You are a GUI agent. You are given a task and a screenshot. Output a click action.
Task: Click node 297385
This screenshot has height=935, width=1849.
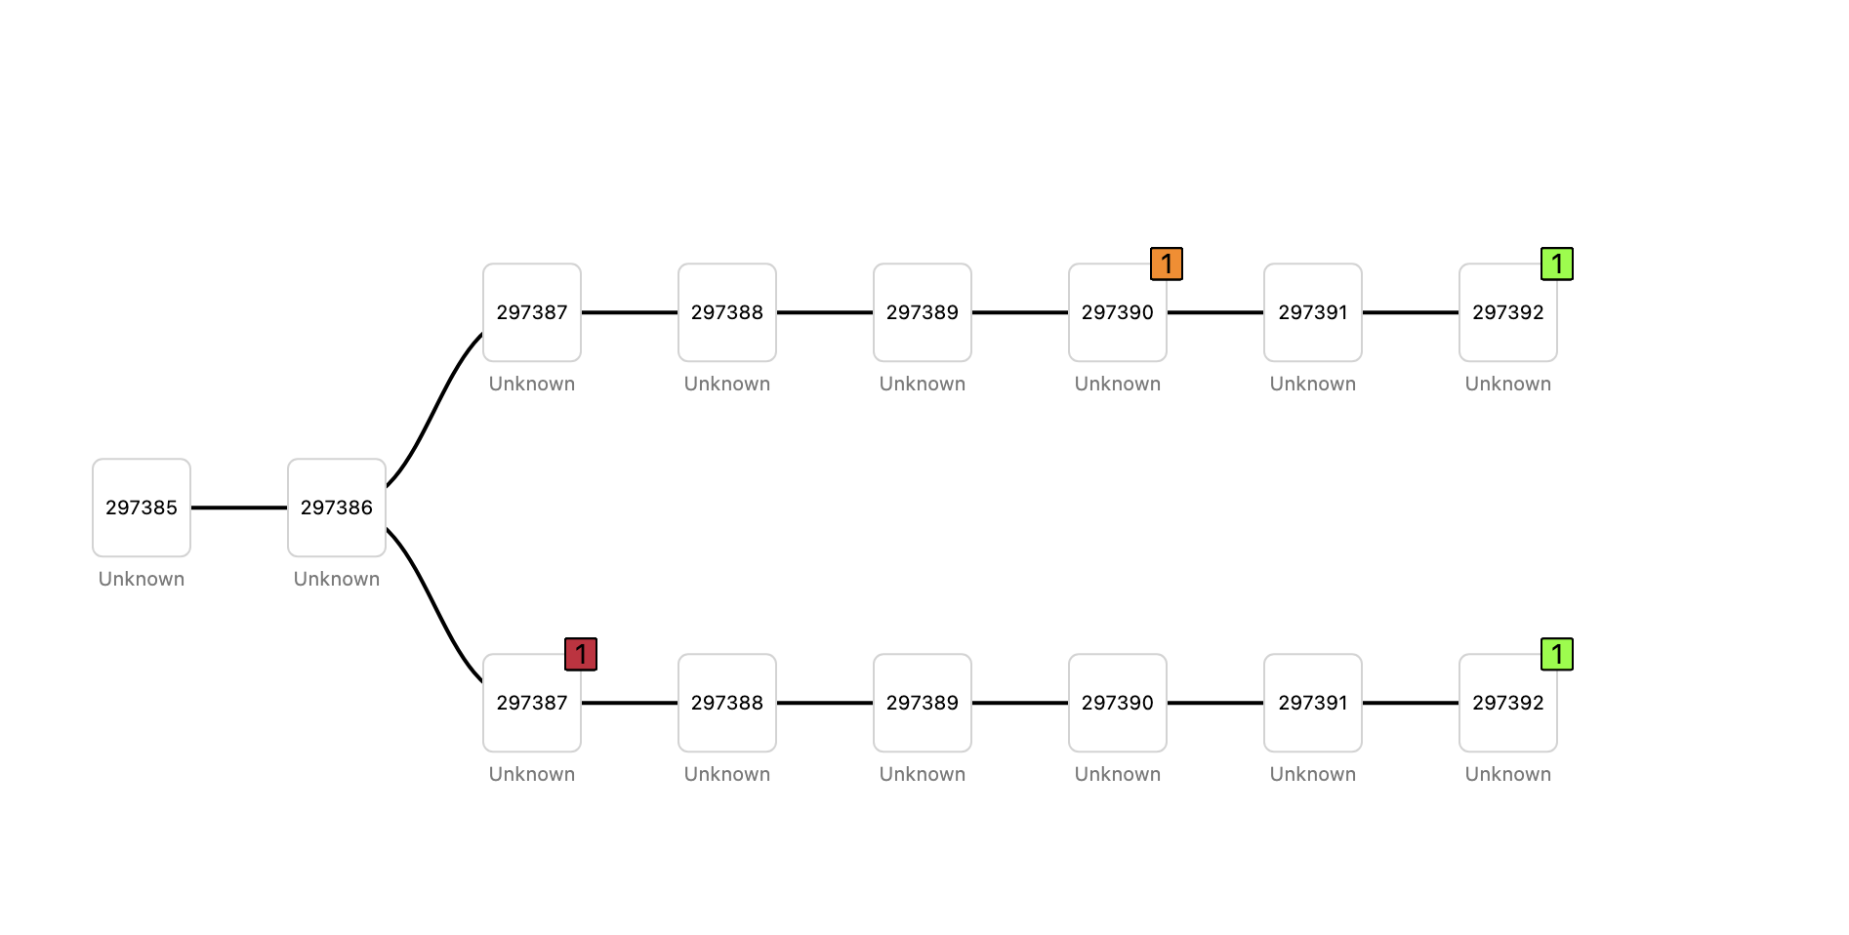tap(142, 508)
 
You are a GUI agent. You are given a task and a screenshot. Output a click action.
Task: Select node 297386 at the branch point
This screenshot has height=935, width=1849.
tap(337, 508)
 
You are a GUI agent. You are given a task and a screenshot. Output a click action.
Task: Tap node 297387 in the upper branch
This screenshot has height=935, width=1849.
tap(532, 312)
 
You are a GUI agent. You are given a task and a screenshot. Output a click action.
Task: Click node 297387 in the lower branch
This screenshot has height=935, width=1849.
tap(532, 703)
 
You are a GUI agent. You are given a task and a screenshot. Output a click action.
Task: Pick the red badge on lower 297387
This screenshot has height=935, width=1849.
tap(581, 654)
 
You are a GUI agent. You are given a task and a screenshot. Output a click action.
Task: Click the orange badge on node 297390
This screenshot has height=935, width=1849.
tap(1167, 264)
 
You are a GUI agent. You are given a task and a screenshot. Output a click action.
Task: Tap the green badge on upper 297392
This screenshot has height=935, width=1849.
tap(1557, 264)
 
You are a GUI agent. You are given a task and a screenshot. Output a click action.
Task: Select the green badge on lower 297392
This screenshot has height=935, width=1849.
tap(1557, 654)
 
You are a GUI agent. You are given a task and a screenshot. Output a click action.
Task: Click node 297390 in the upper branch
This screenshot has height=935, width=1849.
tap(1118, 312)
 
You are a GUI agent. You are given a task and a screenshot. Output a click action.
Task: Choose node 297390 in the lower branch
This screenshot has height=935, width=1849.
tap(1118, 703)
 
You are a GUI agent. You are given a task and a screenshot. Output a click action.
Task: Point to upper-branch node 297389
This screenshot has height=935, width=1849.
tap(923, 312)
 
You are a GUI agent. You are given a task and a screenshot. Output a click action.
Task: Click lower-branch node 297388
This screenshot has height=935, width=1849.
tap(727, 703)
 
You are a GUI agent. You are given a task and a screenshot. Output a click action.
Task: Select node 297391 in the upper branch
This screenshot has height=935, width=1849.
tap(1313, 312)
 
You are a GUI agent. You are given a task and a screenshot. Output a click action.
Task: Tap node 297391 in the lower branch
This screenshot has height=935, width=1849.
tap(1313, 703)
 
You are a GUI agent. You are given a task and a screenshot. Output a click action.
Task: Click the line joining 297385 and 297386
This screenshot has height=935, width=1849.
tap(239, 508)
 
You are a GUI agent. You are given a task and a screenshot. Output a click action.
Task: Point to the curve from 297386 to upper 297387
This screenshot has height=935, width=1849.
tap(434, 410)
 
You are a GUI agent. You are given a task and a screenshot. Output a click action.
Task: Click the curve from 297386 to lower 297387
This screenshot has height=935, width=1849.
tap(434, 605)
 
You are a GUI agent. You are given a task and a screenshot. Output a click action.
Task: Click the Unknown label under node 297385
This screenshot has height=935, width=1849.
tap(142, 579)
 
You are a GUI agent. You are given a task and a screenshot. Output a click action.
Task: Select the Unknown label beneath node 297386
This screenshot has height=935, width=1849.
tap(337, 579)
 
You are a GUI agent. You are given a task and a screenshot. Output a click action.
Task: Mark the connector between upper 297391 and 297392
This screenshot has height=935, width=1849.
tap(1411, 312)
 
